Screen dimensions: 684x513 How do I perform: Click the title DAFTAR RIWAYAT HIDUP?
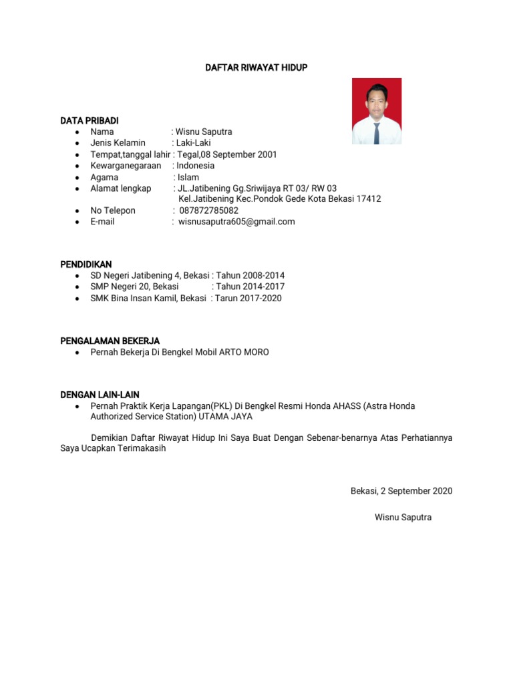click(x=256, y=67)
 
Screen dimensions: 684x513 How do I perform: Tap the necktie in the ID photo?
click(x=377, y=133)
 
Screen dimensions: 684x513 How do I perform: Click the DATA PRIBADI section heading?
click(x=90, y=120)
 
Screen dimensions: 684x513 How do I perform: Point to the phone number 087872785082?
click(x=208, y=210)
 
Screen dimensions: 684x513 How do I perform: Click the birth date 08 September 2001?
click(x=238, y=154)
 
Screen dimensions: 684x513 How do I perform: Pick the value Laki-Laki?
click(x=193, y=143)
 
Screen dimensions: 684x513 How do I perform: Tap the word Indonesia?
click(x=196, y=165)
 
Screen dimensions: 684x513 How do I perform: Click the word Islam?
click(x=188, y=177)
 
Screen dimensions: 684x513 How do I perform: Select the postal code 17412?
click(x=369, y=199)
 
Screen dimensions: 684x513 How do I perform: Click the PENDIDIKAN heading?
click(x=86, y=265)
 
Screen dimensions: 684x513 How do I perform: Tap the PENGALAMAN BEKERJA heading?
click(x=110, y=341)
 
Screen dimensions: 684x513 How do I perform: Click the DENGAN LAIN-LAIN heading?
click(x=100, y=395)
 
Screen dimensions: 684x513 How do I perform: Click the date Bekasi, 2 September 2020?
click(x=401, y=491)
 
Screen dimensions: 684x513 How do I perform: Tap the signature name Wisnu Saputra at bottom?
click(x=403, y=517)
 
